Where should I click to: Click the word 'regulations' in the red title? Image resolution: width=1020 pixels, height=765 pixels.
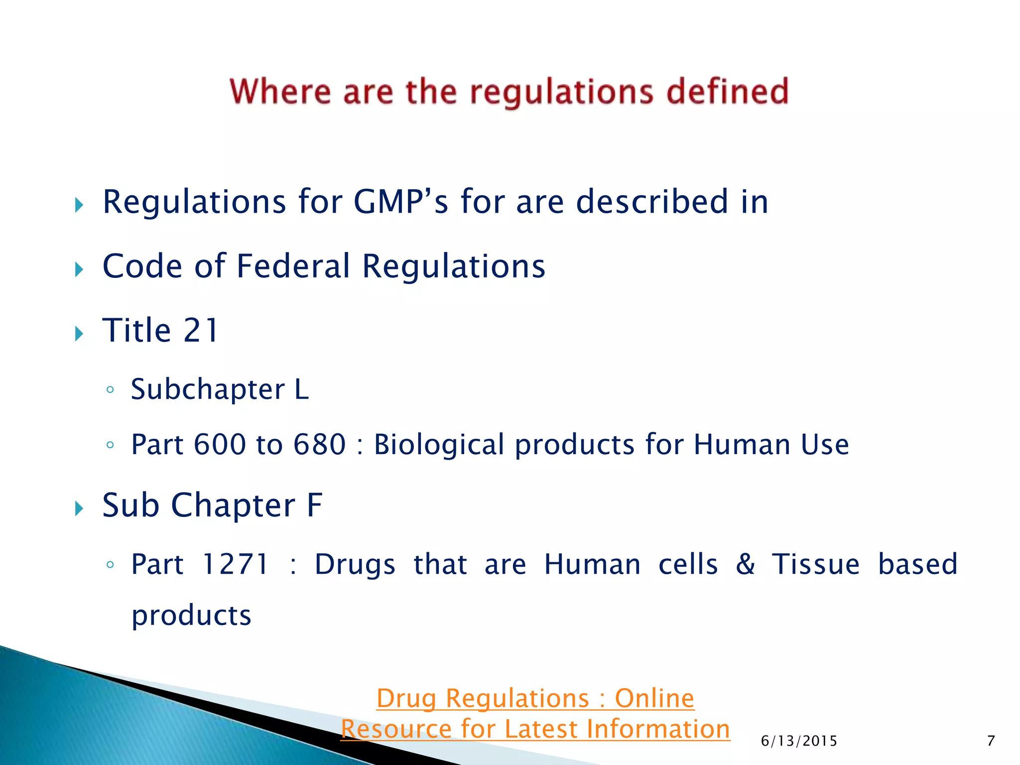click(x=561, y=93)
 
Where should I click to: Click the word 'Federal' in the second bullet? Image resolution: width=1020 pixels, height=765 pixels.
click(x=293, y=266)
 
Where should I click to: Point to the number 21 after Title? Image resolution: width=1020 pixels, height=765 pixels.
click(x=201, y=330)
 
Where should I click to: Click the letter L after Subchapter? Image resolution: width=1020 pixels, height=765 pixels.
click(x=301, y=389)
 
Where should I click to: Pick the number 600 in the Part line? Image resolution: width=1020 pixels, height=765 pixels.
click(x=220, y=444)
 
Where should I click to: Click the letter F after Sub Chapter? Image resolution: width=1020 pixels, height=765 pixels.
click(x=314, y=506)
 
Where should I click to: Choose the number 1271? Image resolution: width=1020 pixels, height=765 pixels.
click(x=236, y=565)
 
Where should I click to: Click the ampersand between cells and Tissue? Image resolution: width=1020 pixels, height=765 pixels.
click(x=745, y=565)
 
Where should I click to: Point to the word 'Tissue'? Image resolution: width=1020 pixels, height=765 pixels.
click(x=816, y=565)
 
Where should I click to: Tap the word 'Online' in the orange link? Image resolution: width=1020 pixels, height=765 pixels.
click(x=654, y=698)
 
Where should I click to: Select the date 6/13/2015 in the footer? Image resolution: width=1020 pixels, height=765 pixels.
click(x=799, y=741)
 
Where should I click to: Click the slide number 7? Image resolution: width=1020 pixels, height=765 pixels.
click(x=991, y=741)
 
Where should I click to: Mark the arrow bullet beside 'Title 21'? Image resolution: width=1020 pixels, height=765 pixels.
click(x=79, y=333)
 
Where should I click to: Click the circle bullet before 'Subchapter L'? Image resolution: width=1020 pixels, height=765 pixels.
click(x=110, y=390)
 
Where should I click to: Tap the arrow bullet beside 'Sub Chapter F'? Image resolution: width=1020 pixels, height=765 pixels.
click(x=79, y=509)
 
